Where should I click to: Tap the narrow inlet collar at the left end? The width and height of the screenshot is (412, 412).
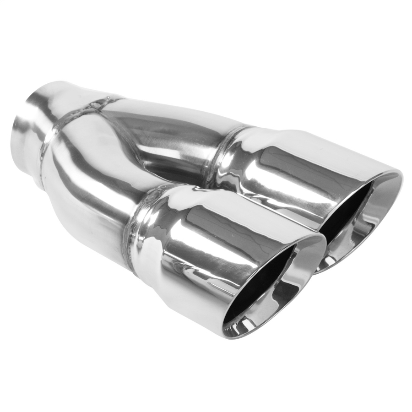[32, 124]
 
